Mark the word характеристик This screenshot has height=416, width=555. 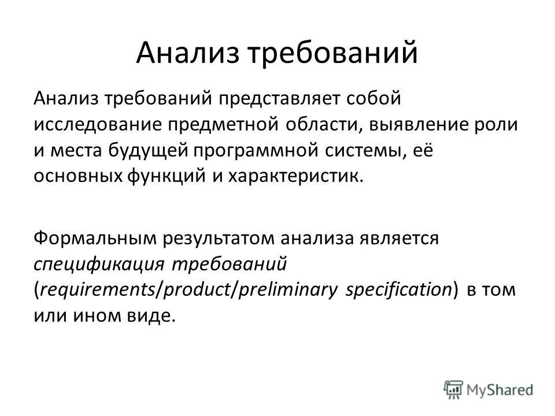[x=309, y=174]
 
